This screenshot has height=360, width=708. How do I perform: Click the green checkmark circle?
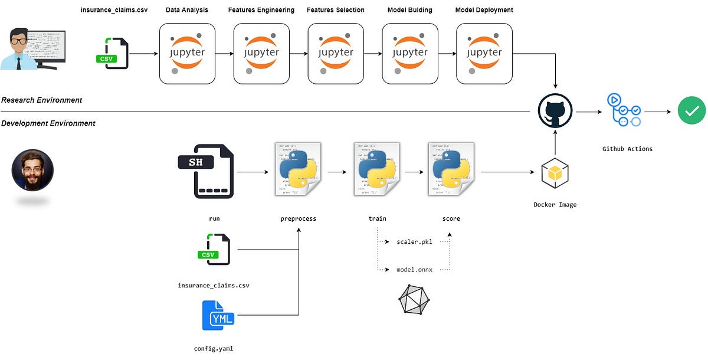point(691,110)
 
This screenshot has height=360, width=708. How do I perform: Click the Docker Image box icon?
point(555,174)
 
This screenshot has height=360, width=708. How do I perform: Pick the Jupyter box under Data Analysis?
point(187,53)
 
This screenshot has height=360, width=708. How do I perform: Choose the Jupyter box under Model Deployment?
point(484,53)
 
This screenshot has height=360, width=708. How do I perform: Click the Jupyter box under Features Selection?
point(336,53)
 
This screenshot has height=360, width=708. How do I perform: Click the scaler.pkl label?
point(414,242)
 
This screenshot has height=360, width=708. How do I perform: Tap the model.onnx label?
point(414,270)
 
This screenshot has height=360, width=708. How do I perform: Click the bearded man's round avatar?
point(32,169)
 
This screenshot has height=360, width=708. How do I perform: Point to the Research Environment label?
point(42,100)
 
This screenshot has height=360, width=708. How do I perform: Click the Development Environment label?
point(48,123)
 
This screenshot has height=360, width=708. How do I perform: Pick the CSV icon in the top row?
point(112,53)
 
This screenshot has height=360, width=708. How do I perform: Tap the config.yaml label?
point(214,348)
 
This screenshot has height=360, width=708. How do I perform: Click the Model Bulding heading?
point(409,10)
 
